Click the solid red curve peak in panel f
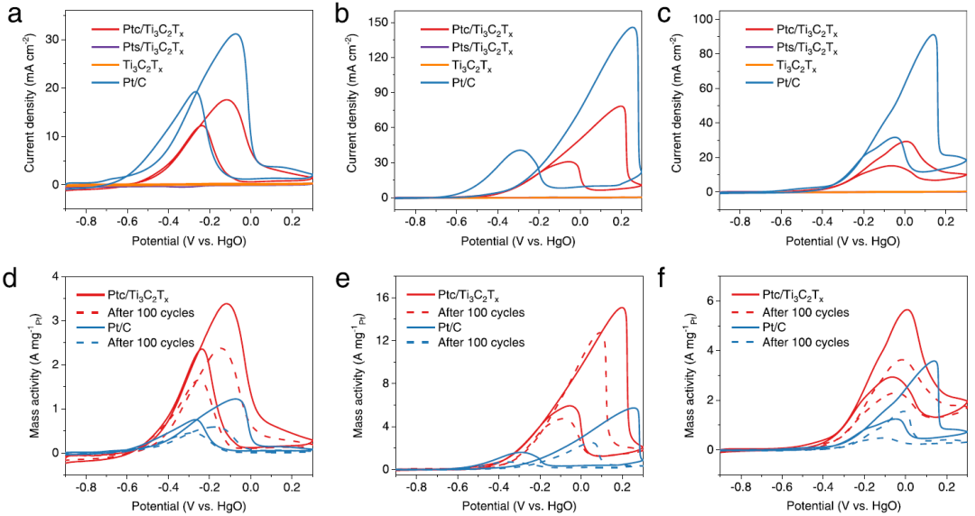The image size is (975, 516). tap(906, 310)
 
